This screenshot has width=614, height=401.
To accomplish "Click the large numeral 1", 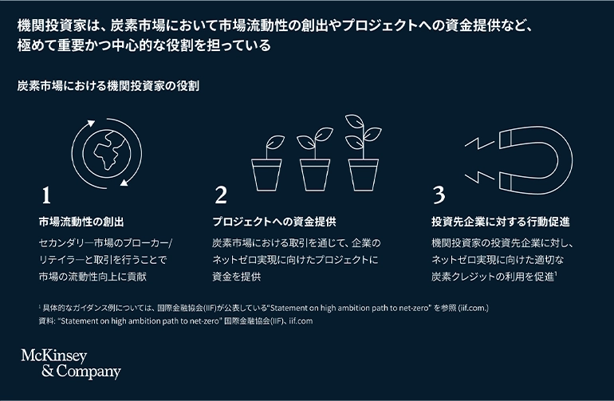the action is (x=46, y=195).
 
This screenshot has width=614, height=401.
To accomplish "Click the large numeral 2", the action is (x=221, y=195).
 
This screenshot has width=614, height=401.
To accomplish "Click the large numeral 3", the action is (x=439, y=195).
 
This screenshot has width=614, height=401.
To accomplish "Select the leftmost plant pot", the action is (x=266, y=175).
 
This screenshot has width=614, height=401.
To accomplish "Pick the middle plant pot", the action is (x=315, y=175).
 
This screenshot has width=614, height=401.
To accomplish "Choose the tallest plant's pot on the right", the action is (x=364, y=175).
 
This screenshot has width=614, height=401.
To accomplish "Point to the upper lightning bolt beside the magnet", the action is (x=480, y=143).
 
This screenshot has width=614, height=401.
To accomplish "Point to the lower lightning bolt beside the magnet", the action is (x=480, y=177).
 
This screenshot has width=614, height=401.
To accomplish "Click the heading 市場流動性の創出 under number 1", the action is (x=81, y=222).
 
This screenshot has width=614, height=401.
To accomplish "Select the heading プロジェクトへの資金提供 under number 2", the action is (x=274, y=222).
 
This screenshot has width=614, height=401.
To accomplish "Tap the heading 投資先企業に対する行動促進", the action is (x=501, y=222).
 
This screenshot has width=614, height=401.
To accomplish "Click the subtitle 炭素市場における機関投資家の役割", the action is (x=108, y=86).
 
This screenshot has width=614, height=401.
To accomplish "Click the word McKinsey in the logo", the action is (x=54, y=356).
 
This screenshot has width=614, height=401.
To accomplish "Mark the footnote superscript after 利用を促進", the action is (x=556, y=273).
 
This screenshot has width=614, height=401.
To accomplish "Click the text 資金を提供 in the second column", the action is (x=237, y=277).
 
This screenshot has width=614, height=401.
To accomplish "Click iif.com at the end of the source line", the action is (x=301, y=321).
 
